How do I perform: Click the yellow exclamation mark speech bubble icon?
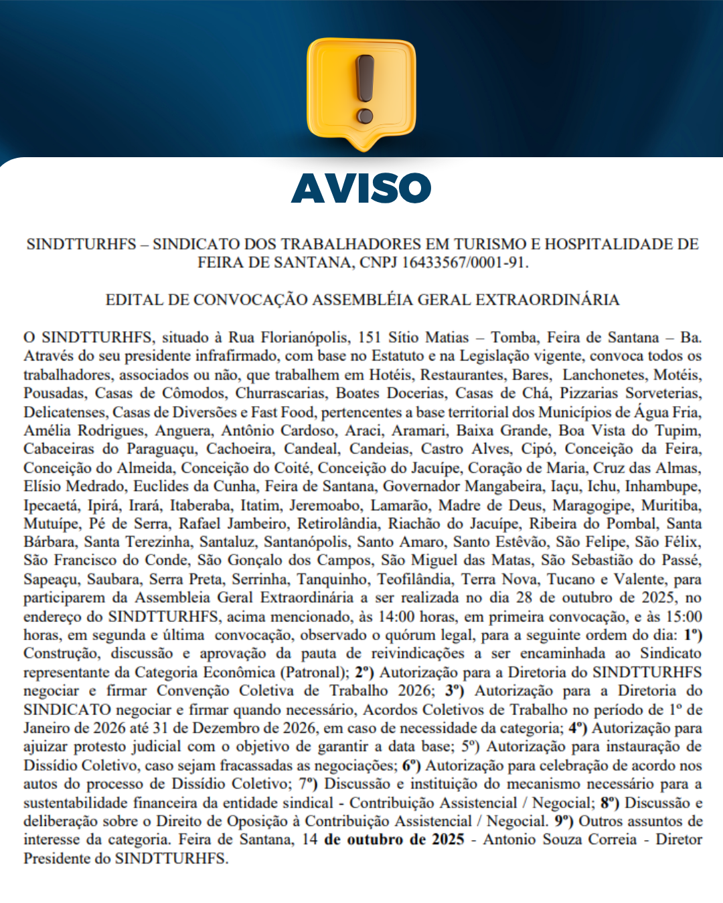coord(361,90)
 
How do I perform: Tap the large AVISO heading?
coord(361,188)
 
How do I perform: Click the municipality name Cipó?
coord(538,449)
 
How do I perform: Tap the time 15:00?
coord(684,617)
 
